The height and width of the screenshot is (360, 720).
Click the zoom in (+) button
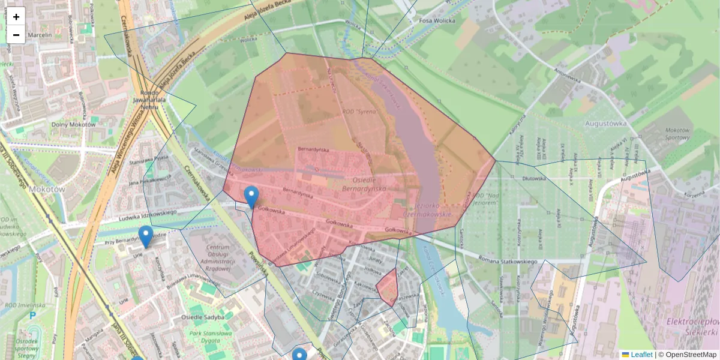[16, 17]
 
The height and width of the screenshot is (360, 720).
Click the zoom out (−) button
[16, 35]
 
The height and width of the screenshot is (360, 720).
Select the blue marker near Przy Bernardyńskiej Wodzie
[145, 236]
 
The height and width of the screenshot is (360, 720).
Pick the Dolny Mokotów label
[73, 125]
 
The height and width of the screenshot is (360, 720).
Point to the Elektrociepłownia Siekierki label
[692, 327]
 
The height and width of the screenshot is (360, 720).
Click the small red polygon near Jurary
[388, 286]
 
